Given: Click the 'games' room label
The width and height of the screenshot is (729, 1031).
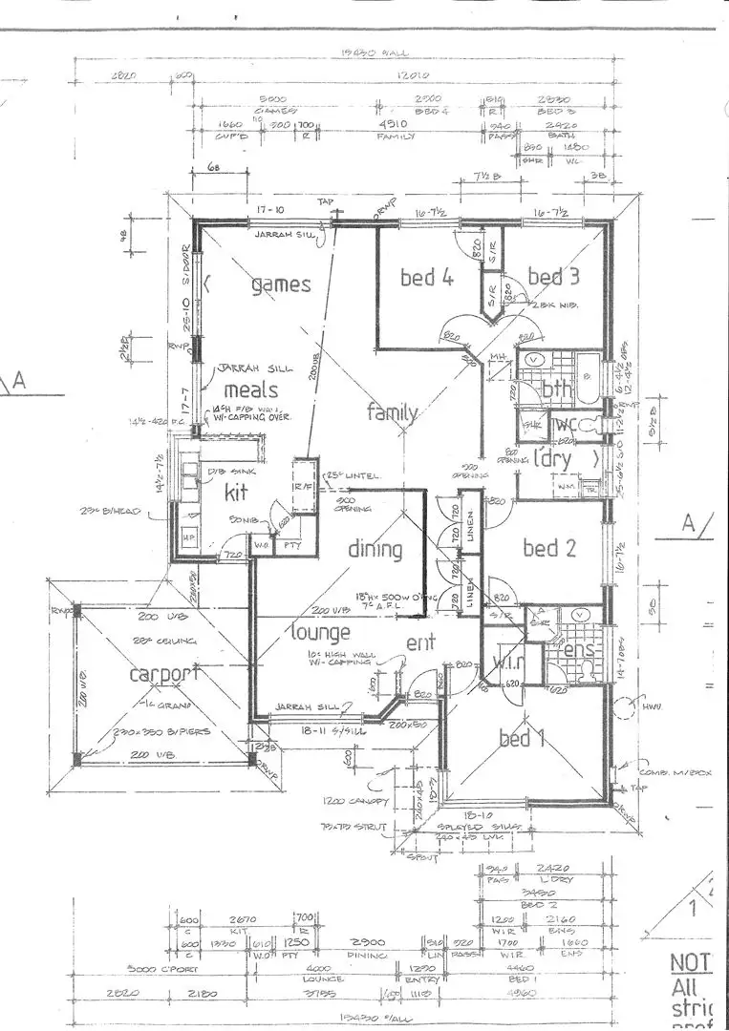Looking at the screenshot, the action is pos(281,284).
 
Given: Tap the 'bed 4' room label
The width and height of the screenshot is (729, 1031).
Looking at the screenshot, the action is pos(425,278).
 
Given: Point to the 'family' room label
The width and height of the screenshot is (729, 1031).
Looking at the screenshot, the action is pos(393,412).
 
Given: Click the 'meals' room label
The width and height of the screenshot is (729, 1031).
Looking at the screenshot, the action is pos(250,389).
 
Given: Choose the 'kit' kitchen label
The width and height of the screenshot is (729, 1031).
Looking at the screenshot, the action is pos(236,494).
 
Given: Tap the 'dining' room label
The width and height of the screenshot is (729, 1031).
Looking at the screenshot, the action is pos(374,550).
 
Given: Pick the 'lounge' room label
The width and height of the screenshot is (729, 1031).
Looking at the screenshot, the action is pos(321,632).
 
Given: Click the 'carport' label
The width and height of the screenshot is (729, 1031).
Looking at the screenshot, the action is pos(166,674).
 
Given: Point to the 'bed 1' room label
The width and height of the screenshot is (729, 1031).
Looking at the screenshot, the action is pos(522,738).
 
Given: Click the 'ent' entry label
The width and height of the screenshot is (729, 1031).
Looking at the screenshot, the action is pos(420,642).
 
